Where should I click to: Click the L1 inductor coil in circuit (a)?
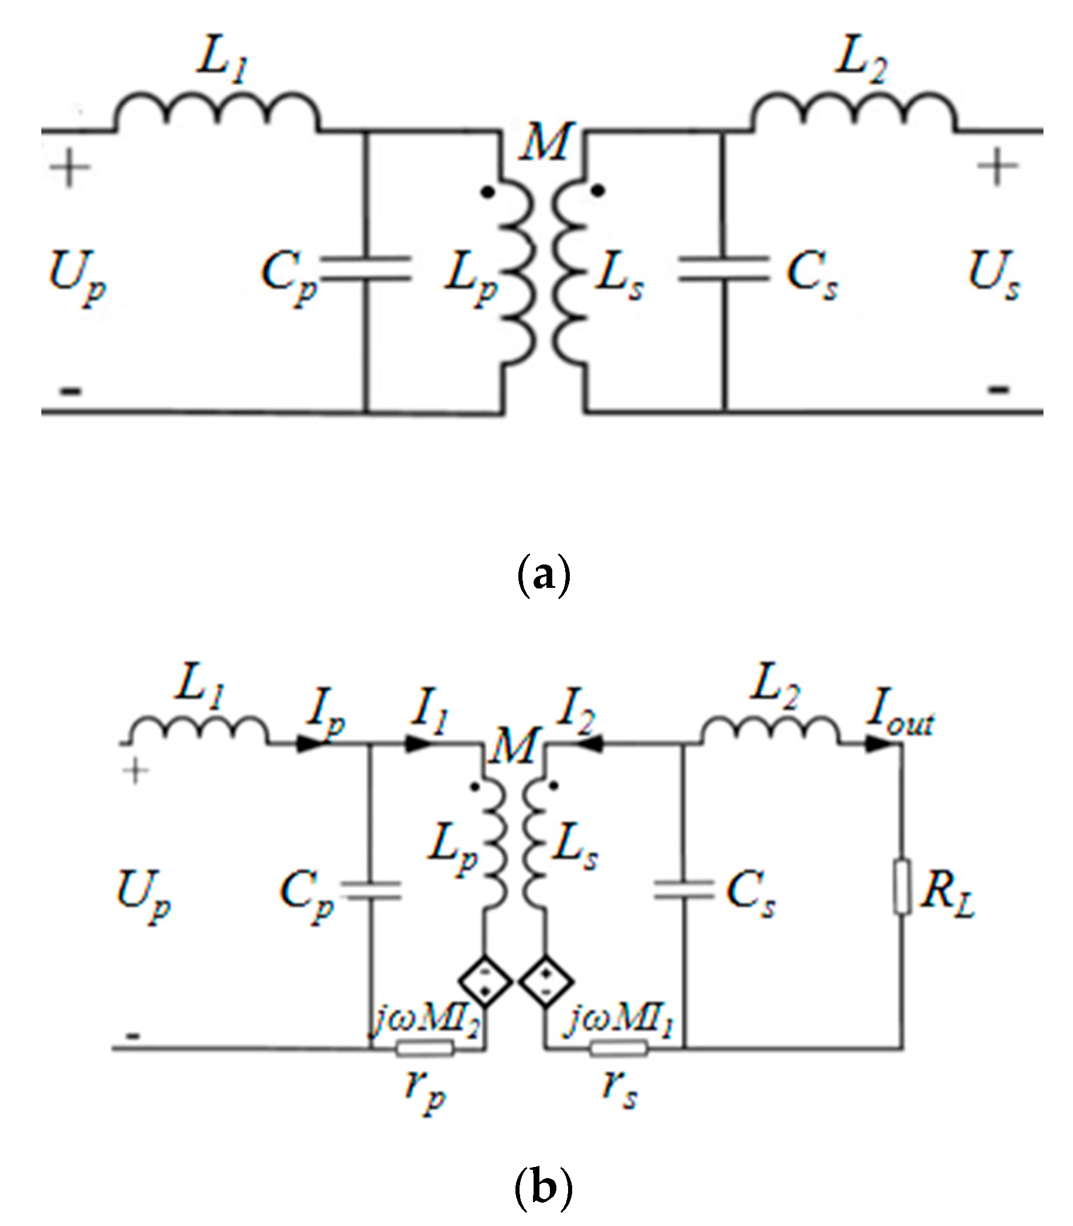click(x=217, y=111)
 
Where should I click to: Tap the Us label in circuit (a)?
click(x=994, y=275)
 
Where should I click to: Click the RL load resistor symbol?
click(x=902, y=886)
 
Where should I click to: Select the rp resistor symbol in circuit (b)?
click(x=424, y=1048)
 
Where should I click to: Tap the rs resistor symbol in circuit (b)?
click(x=618, y=1048)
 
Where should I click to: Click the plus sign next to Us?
click(x=998, y=167)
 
